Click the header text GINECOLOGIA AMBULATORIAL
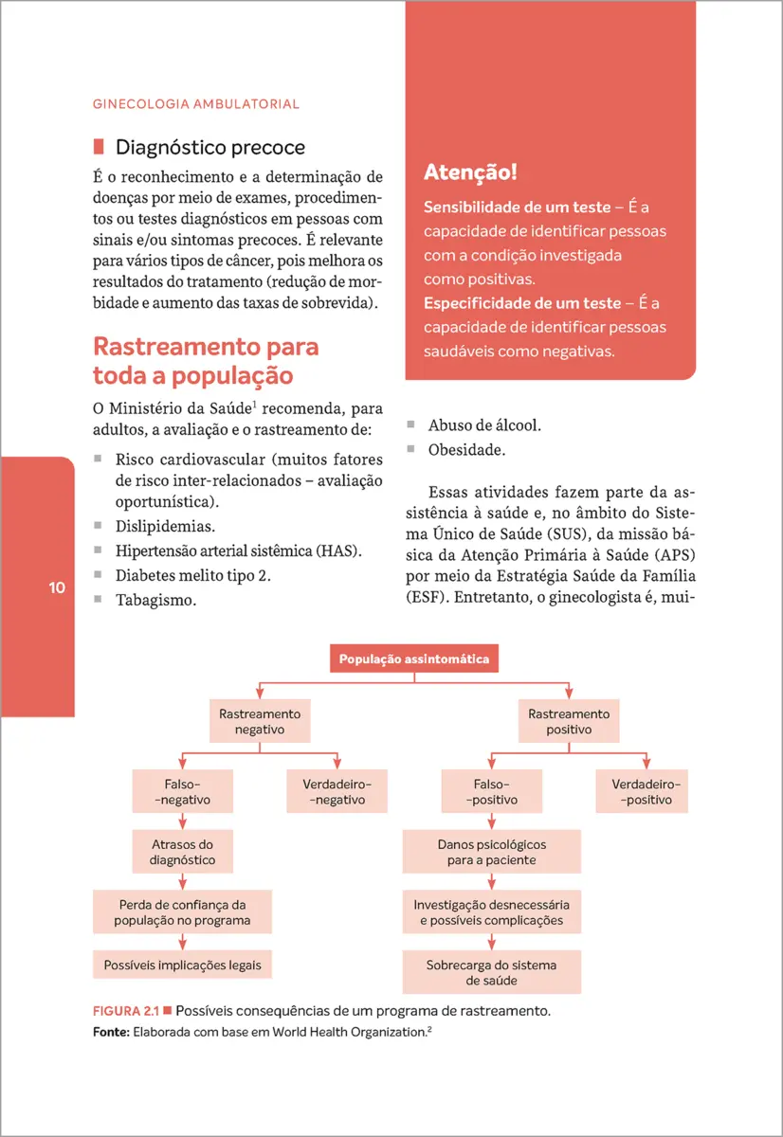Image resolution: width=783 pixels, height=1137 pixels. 195,103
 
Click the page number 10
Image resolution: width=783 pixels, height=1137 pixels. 57,587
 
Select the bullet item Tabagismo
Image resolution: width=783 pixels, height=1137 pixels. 156,599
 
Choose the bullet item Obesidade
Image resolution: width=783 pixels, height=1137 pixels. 466,449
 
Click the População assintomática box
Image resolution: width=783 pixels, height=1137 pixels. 413,659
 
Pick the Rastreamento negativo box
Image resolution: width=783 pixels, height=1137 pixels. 260,722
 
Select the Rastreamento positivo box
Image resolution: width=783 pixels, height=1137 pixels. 569,722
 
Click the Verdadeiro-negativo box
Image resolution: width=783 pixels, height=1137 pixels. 337,792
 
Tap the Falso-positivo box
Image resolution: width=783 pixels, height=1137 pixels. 491,792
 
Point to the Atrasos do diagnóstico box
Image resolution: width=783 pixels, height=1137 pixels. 183,852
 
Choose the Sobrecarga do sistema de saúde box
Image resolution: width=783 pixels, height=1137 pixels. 491,973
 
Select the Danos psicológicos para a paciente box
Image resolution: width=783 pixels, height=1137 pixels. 491,852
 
